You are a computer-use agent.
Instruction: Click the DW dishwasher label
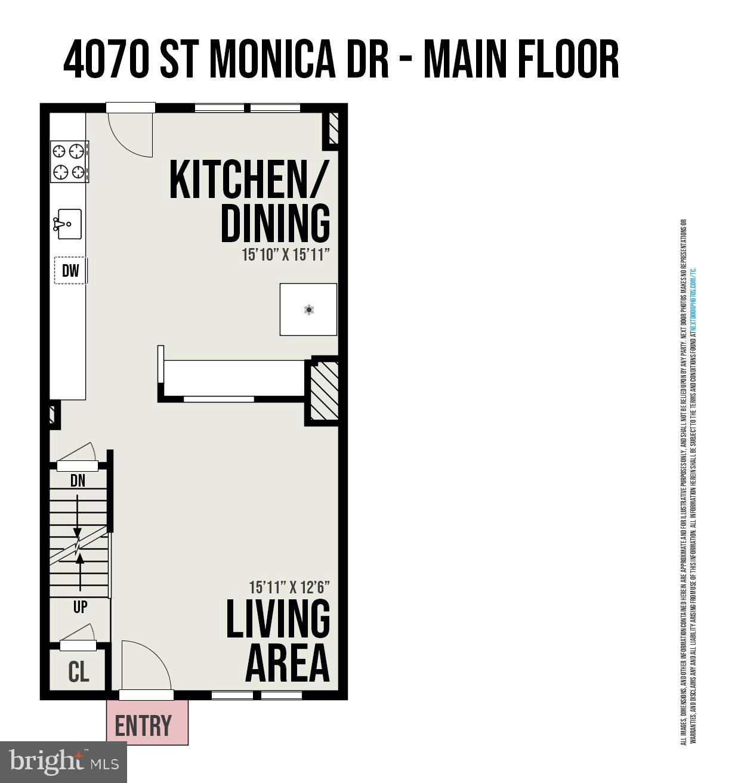point(70,271)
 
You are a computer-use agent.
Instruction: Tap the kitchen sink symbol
point(69,224)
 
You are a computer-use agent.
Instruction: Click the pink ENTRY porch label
point(143,726)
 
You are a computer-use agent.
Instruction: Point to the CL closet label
point(79,671)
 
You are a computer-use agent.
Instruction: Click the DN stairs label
point(78,481)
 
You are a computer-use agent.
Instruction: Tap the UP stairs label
point(80,607)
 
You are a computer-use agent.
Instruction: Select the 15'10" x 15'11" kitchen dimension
point(286,255)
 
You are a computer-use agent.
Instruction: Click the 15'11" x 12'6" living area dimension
point(289,587)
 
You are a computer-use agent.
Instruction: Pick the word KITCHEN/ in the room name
point(249,180)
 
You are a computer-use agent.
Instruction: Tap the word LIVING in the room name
point(278,618)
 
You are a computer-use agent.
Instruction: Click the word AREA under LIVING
point(288,663)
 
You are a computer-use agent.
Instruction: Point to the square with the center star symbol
point(308,310)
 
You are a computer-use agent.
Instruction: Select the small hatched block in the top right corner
point(333,128)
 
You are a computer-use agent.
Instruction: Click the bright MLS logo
point(63,762)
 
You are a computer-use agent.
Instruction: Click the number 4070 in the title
point(106,60)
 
